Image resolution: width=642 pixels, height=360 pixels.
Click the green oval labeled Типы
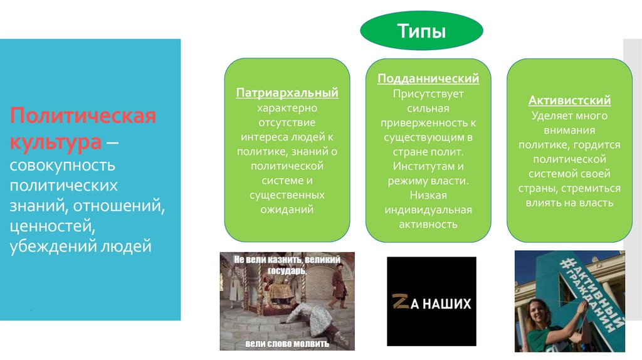click(421, 31)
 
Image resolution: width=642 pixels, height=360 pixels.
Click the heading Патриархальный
click(287, 93)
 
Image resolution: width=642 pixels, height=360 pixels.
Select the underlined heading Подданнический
click(428, 78)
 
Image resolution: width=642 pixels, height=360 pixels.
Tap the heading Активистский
click(569, 100)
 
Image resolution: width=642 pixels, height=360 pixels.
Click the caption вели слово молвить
click(286, 343)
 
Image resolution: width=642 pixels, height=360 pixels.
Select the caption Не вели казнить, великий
click(287, 258)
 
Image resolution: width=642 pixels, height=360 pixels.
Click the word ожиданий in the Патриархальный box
click(287, 209)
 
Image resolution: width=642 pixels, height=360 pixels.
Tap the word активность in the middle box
click(428, 224)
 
